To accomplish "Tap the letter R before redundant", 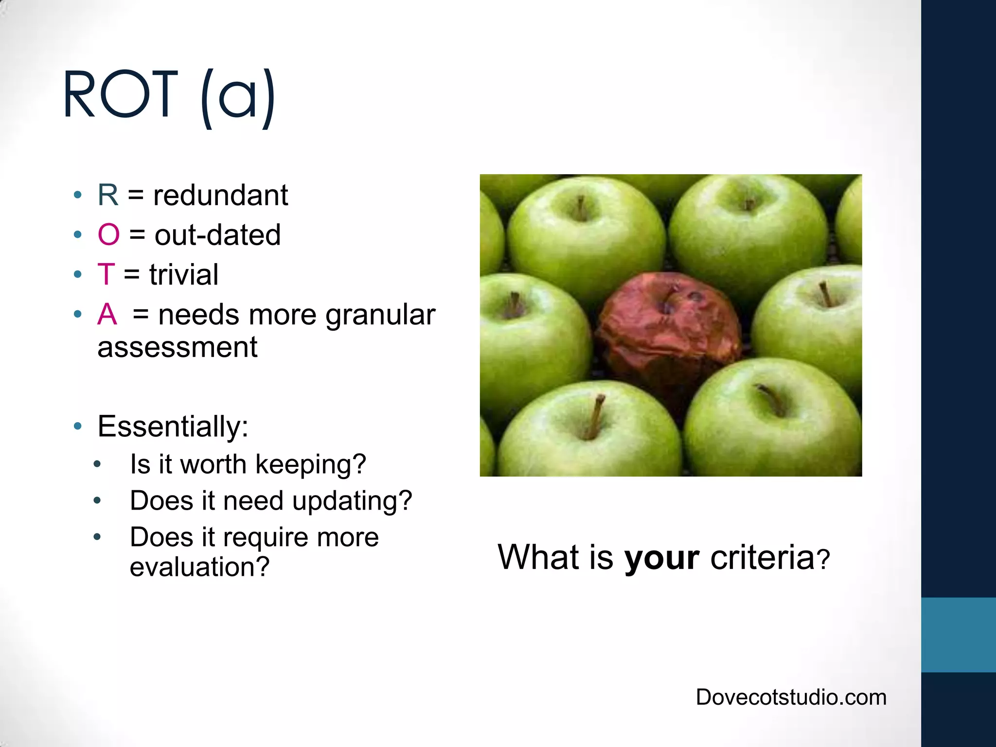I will click(x=107, y=195).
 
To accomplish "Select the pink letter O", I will click(x=108, y=235).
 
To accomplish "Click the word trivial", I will click(x=184, y=275).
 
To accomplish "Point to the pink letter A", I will click(x=107, y=314).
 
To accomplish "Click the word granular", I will click(x=380, y=315).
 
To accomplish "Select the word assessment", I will click(x=178, y=347).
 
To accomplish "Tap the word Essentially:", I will click(x=173, y=427).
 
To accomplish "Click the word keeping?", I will click(x=310, y=464).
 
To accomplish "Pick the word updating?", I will click(x=352, y=501).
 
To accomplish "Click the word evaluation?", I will click(x=199, y=567).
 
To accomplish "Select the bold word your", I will click(x=662, y=558).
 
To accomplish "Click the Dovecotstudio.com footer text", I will click(x=791, y=697).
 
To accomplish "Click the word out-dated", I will click(x=217, y=235).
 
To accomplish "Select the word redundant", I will click(x=220, y=195).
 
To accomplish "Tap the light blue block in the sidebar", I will click(x=958, y=635).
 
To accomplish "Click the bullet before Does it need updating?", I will click(x=97, y=500).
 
